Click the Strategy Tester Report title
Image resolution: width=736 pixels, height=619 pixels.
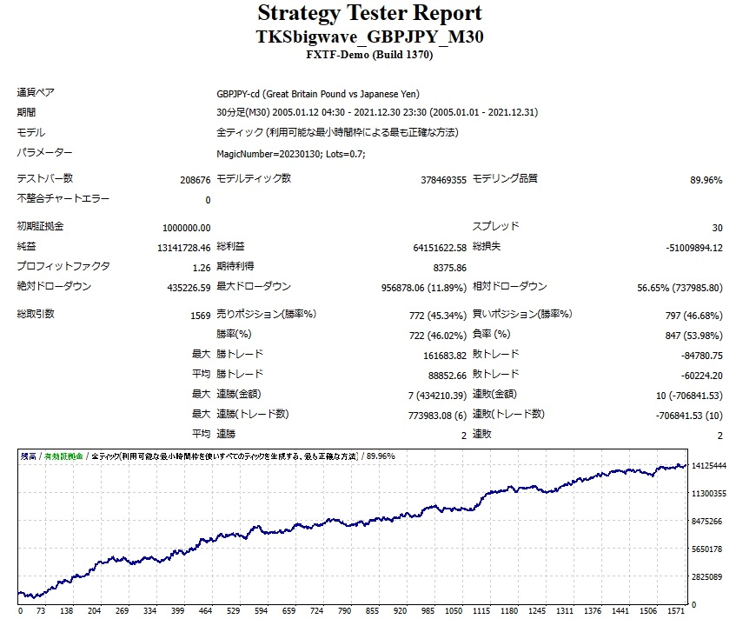click(x=368, y=14)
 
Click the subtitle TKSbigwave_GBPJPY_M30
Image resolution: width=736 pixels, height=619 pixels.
click(x=368, y=37)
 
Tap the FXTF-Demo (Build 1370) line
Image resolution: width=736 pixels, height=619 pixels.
click(x=368, y=55)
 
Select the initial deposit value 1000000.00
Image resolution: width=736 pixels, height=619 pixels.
click(x=186, y=227)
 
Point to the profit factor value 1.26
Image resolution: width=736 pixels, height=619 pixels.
click(x=201, y=267)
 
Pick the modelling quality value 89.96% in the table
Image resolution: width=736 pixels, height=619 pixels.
click(x=706, y=179)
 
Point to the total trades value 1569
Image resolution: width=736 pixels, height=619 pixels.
click(x=200, y=315)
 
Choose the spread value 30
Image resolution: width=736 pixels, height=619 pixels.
click(x=716, y=227)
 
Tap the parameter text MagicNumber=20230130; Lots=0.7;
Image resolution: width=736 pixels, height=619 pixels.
click(x=290, y=154)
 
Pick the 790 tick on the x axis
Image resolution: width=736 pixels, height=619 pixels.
click(x=345, y=611)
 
